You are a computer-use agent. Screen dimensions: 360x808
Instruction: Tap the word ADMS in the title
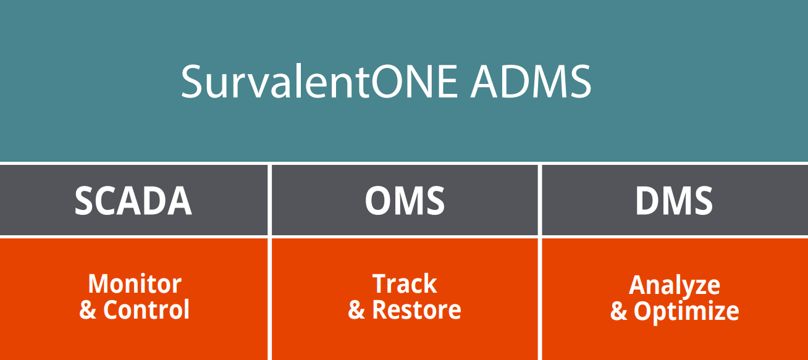(x=531, y=82)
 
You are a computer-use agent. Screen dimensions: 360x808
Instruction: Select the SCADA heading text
(x=133, y=201)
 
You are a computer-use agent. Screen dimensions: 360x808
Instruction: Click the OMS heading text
(x=405, y=201)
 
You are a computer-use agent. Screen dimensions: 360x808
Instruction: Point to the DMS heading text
(x=674, y=201)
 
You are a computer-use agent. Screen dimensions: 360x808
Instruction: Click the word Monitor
(x=135, y=284)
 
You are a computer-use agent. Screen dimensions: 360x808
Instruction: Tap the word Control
(x=146, y=310)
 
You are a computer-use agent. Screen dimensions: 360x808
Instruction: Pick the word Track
(x=405, y=284)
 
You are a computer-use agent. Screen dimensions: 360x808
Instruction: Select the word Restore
(x=416, y=310)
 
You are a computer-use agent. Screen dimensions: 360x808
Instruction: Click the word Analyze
(x=675, y=285)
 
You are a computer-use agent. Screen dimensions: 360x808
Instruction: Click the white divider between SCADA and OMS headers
(x=270, y=200)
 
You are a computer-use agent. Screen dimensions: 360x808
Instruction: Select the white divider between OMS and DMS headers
(x=540, y=200)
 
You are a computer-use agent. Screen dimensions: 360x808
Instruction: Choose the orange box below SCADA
(x=134, y=340)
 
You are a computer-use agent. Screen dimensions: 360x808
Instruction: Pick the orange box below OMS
(x=405, y=340)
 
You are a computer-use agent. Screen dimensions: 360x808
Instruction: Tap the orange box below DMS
(x=675, y=340)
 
